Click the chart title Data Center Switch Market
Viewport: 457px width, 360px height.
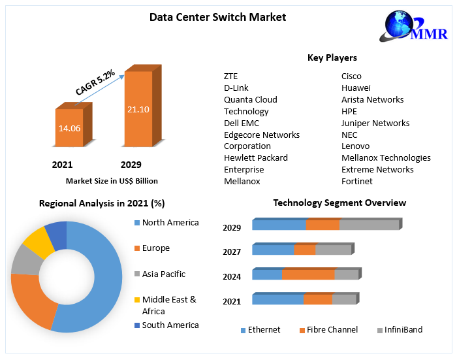[217, 17]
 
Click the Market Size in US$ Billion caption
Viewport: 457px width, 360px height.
[112, 181]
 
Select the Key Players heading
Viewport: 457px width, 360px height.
[332, 58]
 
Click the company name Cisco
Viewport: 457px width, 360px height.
[351, 76]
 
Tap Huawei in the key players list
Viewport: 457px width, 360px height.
[356, 88]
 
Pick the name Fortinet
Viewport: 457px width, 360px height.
[357, 181]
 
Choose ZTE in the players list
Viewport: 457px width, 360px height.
[230, 76]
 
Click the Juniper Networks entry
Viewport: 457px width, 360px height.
[375, 123]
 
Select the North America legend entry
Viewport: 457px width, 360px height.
[170, 223]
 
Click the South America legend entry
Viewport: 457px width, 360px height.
[170, 325]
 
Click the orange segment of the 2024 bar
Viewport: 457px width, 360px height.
[307, 274]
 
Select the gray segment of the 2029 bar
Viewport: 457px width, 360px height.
[369, 225]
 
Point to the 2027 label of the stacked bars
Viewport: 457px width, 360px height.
[232, 252]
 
